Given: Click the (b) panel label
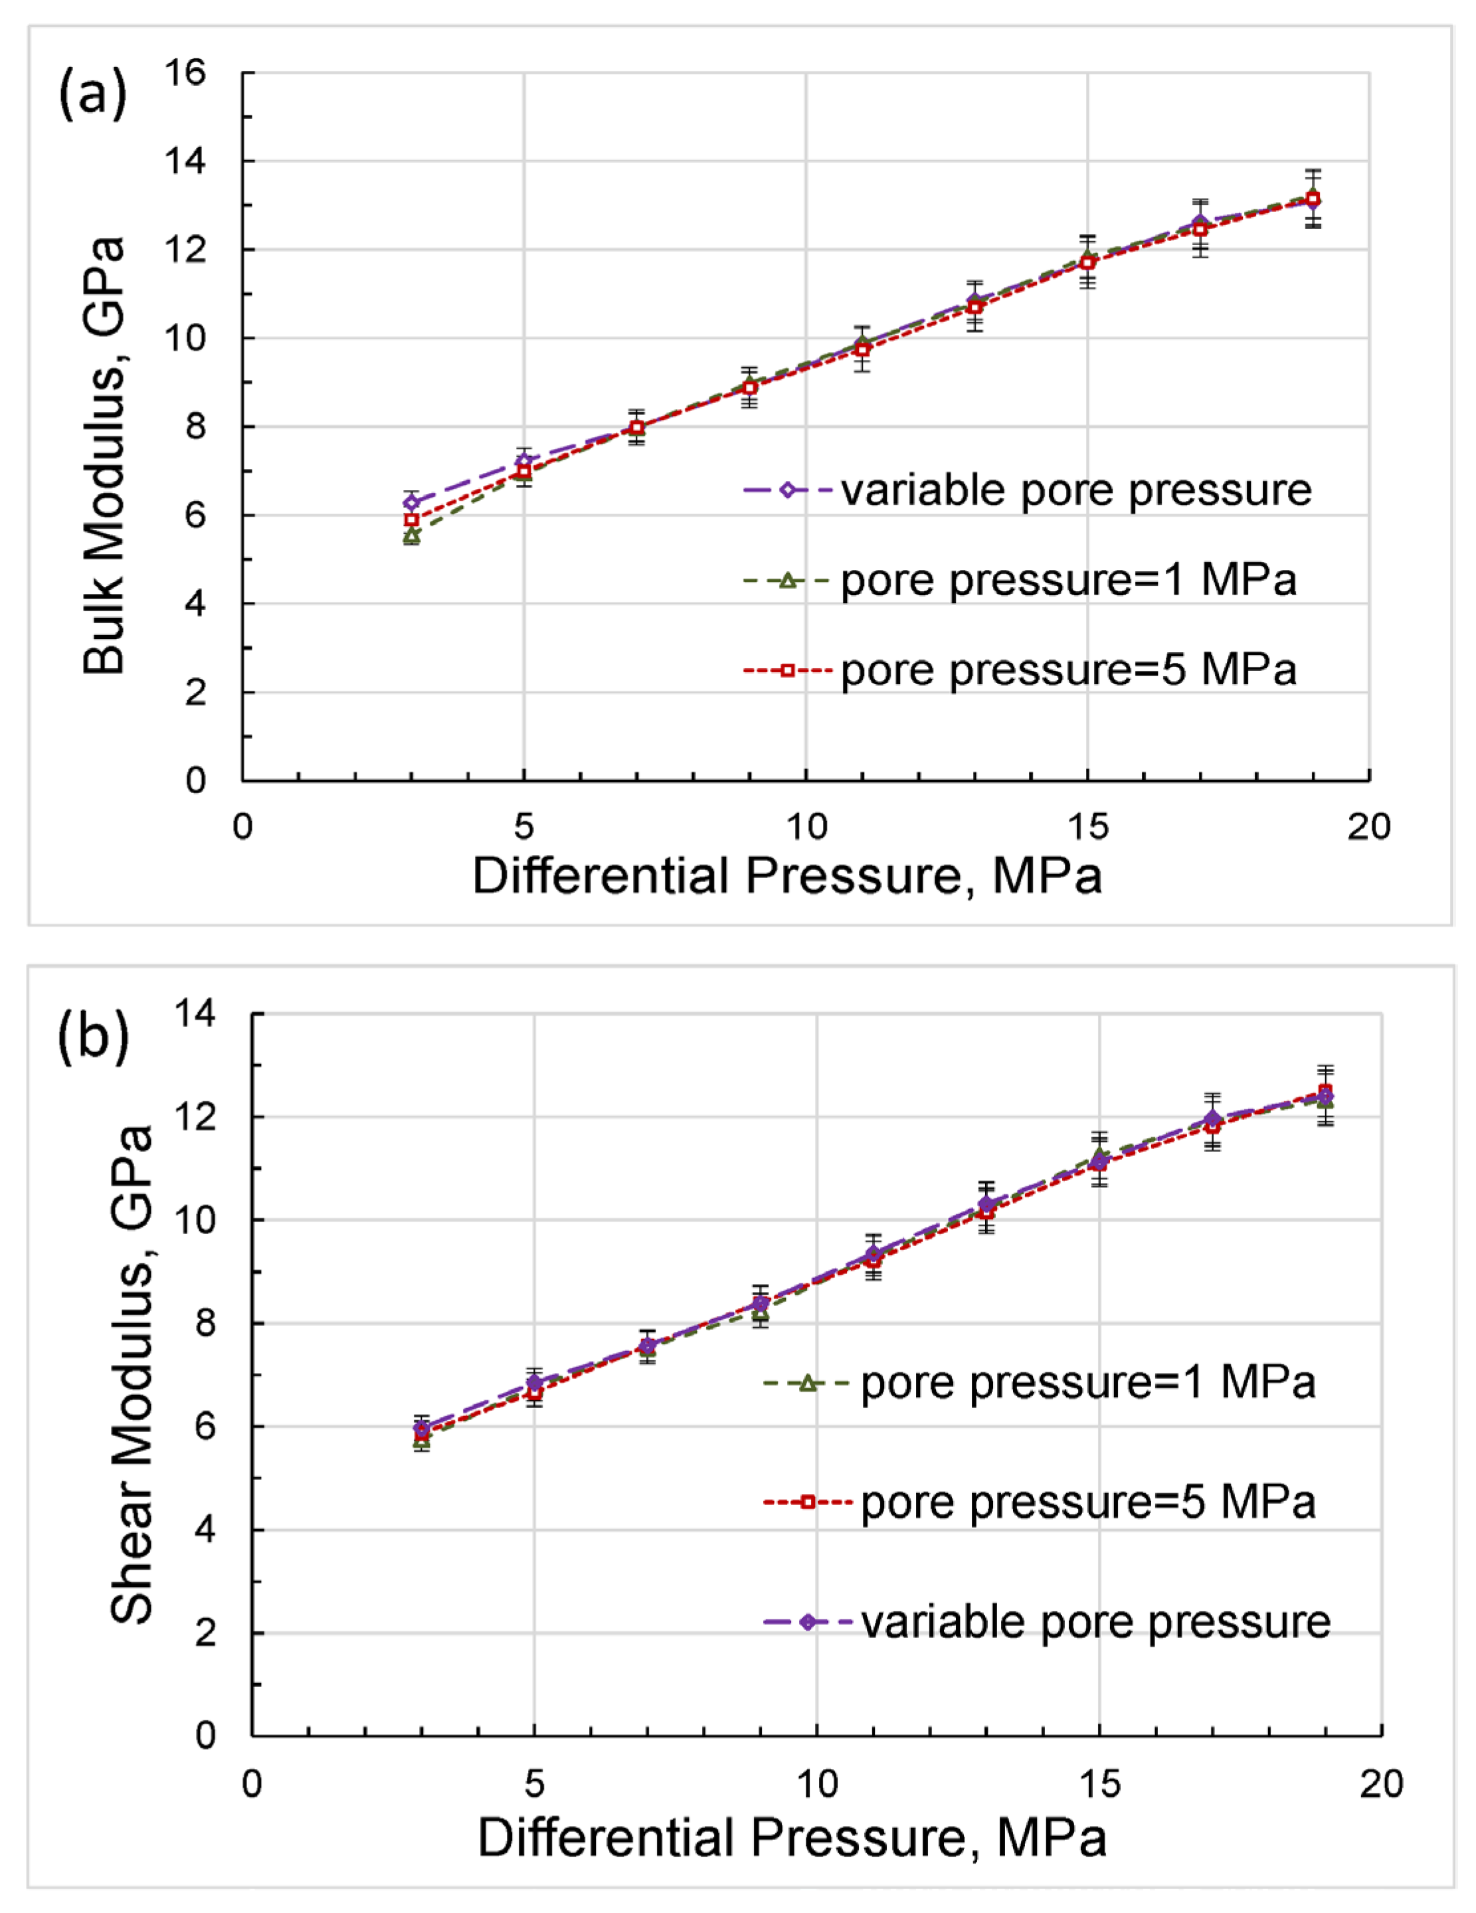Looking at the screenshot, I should (x=93, y=1036).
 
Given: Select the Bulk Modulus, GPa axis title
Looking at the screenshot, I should (x=104, y=456).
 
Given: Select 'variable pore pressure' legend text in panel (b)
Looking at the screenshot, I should (x=1095, y=1622).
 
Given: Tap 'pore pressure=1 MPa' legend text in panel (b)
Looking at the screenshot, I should (x=1088, y=1383).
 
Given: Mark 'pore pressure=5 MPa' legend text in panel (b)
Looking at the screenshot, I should (x=1088, y=1503).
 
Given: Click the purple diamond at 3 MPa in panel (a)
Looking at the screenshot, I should (x=411, y=502).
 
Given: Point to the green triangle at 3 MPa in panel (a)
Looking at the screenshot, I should (x=411, y=535).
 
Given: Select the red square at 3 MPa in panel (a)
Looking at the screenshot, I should (x=411, y=519).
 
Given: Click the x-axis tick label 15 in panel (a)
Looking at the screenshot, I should (x=1087, y=826).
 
